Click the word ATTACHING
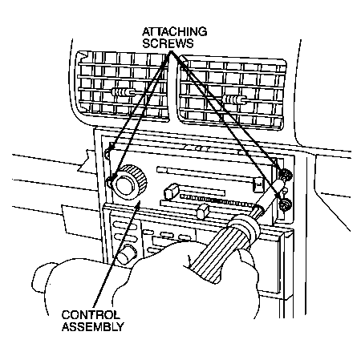point(174,31)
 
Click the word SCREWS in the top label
point(168,43)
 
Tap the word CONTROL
point(91,314)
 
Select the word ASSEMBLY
point(93,326)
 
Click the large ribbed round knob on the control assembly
point(129,182)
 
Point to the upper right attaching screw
point(285,175)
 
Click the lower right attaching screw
point(285,205)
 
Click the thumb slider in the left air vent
point(124,92)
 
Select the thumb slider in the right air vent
point(233,100)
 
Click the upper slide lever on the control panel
point(172,191)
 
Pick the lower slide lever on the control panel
point(202,211)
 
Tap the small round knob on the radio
point(127,254)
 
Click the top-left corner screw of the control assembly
point(107,153)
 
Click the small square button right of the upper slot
point(258,184)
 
